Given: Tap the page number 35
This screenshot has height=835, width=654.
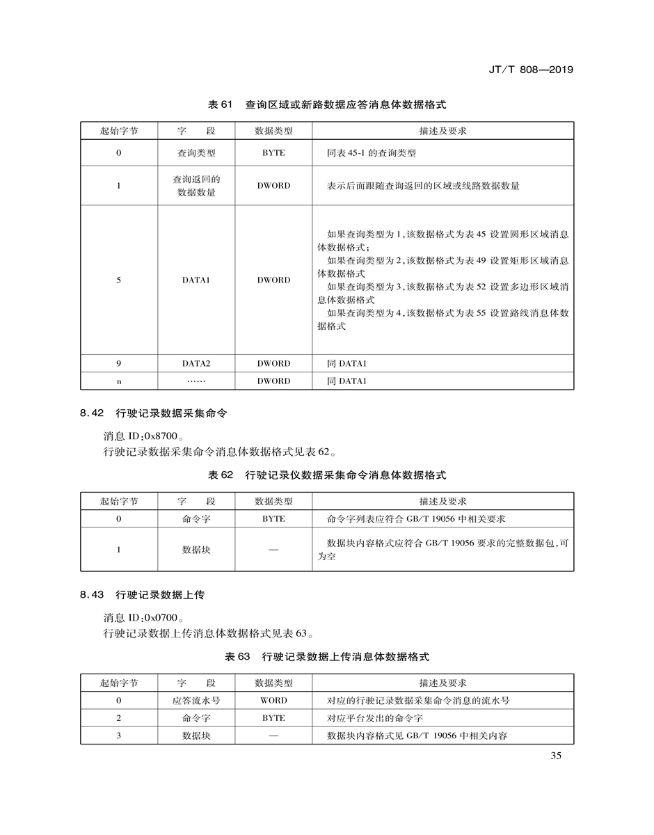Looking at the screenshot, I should tap(555, 757).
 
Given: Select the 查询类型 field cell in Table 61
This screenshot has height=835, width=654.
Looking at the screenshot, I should tap(196, 153).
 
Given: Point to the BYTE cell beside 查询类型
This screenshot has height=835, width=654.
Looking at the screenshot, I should tap(273, 153).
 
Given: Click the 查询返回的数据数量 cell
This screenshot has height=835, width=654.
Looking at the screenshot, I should tap(196, 186).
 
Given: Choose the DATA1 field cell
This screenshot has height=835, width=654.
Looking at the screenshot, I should tap(196, 280).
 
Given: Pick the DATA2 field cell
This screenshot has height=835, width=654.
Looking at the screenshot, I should tap(196, 364).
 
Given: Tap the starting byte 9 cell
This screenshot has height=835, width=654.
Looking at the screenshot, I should tap(119, 364).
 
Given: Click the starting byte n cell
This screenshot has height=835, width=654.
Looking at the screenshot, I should tap(119, 381).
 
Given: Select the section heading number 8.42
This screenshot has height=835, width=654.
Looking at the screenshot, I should tap(92, 413).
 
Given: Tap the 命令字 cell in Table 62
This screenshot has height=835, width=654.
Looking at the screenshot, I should tap(196, 519).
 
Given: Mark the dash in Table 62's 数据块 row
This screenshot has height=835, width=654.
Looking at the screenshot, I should tap(273, 550).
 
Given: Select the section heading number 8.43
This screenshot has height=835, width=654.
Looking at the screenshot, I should tap(92, 595).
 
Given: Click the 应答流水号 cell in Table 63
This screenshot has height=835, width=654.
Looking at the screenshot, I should tap(196, 701).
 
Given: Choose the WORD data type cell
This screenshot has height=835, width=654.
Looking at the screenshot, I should tap(273, 701).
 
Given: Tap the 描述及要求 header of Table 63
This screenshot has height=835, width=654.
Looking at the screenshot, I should tap(442, 683).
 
